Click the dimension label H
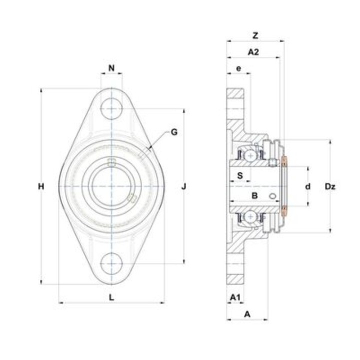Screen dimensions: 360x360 41,186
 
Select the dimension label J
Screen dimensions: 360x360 183,186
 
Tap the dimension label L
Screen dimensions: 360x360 111,297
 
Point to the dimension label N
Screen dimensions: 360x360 111,68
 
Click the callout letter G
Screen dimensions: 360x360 174,132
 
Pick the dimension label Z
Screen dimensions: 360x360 255,35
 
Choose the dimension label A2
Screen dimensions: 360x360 253,52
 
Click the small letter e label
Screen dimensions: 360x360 239,68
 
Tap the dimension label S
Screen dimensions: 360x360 240,175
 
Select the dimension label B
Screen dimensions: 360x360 254,195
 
